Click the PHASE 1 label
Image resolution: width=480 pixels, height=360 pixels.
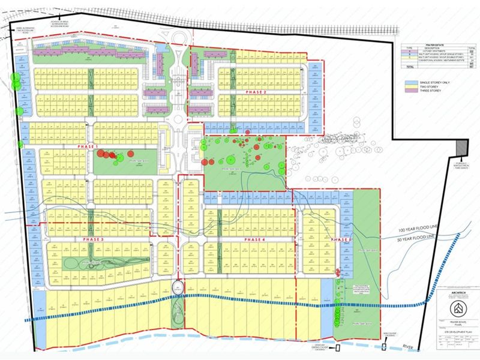(x=88, y=146)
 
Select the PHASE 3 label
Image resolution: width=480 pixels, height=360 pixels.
(x=90, y=239)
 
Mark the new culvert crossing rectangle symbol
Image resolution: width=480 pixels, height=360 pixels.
(x=338, y=347)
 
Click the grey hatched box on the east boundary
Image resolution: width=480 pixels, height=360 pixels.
(x=461, y=146)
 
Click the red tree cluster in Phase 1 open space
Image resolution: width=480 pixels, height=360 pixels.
(x=108, y=155)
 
